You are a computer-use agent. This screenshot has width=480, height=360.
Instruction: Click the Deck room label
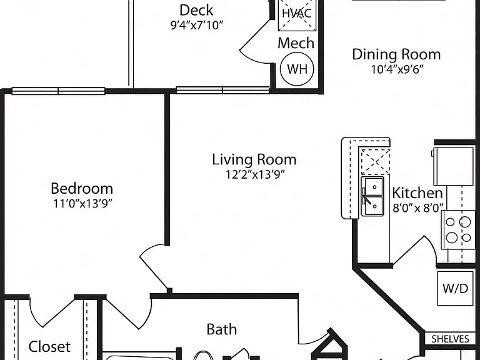tap(196, 10)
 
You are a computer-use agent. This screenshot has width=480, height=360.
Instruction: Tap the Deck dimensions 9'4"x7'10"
tap(197, 26)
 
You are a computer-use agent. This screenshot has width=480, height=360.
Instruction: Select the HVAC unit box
tap(297, 15)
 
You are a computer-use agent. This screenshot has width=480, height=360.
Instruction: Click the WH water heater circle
tap(297, 69)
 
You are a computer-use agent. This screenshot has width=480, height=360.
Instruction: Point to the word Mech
tap(296, 43)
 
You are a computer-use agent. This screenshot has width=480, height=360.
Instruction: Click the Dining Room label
tap(396, 54)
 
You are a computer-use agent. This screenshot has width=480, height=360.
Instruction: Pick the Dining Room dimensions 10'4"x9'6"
tap(397, 70)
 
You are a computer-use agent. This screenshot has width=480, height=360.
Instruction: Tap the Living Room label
tap(254, 159)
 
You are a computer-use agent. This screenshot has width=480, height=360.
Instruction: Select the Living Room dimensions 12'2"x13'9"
tap(256, 174)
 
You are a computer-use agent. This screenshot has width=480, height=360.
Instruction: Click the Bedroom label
tap(82, 188)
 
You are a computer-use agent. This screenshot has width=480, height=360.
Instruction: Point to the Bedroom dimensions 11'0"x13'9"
tap(82, 204)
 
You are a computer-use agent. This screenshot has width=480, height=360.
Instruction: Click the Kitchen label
tap(417, 193)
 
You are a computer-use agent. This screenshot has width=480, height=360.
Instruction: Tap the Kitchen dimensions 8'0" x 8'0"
tap(418, 208)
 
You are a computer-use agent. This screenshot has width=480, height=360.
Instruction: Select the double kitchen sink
tap(372, 196)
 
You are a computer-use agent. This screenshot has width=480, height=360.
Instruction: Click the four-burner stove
tap(458, 229)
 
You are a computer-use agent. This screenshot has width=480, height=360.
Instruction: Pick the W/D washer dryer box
tap(455, 288)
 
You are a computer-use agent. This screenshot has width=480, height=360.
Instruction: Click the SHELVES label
tap(450, 339)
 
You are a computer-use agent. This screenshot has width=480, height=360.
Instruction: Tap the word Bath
tap(222, 329)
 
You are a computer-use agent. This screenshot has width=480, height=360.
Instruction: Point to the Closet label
tap(49, 346)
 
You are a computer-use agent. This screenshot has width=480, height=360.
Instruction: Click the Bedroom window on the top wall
tap(59, 91)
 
